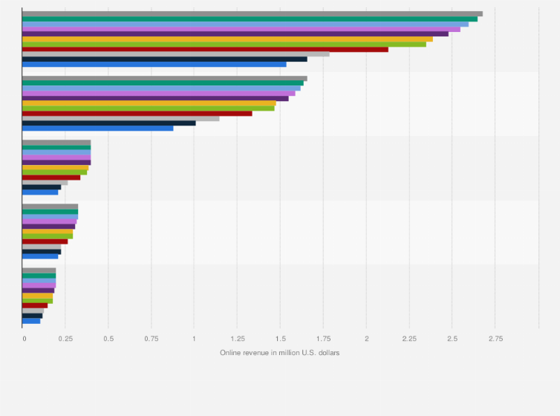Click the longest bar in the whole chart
tap(253, 13)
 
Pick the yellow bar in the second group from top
tap(149, 103)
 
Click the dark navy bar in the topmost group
tap(164, 59)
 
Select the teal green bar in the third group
tap(56, 148)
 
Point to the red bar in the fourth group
tap(45, 241)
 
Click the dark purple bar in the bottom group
tap(38, 290)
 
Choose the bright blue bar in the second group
tap(97, 129)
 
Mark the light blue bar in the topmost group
tap(245, 24)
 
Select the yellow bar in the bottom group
tap(37, 296)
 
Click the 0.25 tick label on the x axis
tap(65, 338)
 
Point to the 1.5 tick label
tap(280, 338)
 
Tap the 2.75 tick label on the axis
tap(495, 338)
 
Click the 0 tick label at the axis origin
tap(24, 338)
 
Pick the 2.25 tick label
tap(409, 338)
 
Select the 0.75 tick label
tap(151, 338)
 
